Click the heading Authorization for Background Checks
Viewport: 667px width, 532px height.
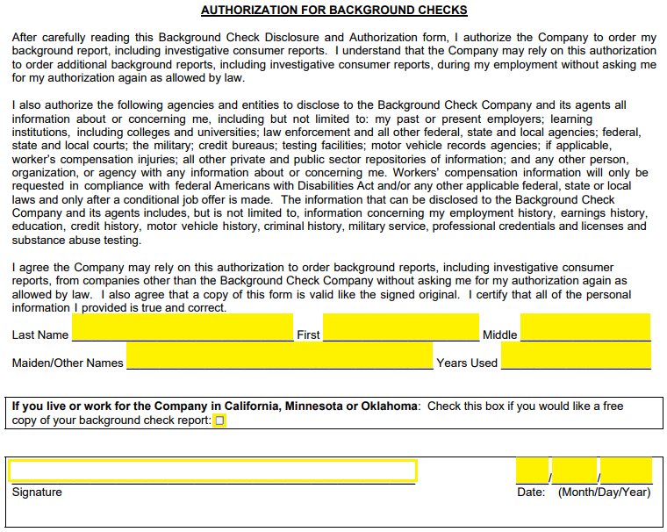(x=333, y=11)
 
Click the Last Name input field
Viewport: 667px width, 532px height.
(x=183, y=327)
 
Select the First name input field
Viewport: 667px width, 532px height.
(x=400, y=327)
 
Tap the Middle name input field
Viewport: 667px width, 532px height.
(x=585, y=327)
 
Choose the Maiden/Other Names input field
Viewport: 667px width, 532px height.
(x=279, y=356)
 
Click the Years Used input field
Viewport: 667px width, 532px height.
(x=576, y=356)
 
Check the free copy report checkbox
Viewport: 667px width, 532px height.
(x=220, y=421)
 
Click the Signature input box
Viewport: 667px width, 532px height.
(x=212, y=471)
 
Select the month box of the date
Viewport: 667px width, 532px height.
(x=532, y=471)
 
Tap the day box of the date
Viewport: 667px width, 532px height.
(x=575, y=471)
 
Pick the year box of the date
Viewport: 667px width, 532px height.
(x=627, y=471)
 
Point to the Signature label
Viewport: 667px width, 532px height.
(x=37, y=492)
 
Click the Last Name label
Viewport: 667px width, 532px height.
(x=40, y=335)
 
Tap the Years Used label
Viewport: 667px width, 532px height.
(x=467, y=363)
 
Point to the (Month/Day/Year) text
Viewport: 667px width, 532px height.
(x=604, y=492)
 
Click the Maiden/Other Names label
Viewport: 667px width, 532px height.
(x=68, y=363)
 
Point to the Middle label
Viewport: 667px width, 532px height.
(x=499, y=335)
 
